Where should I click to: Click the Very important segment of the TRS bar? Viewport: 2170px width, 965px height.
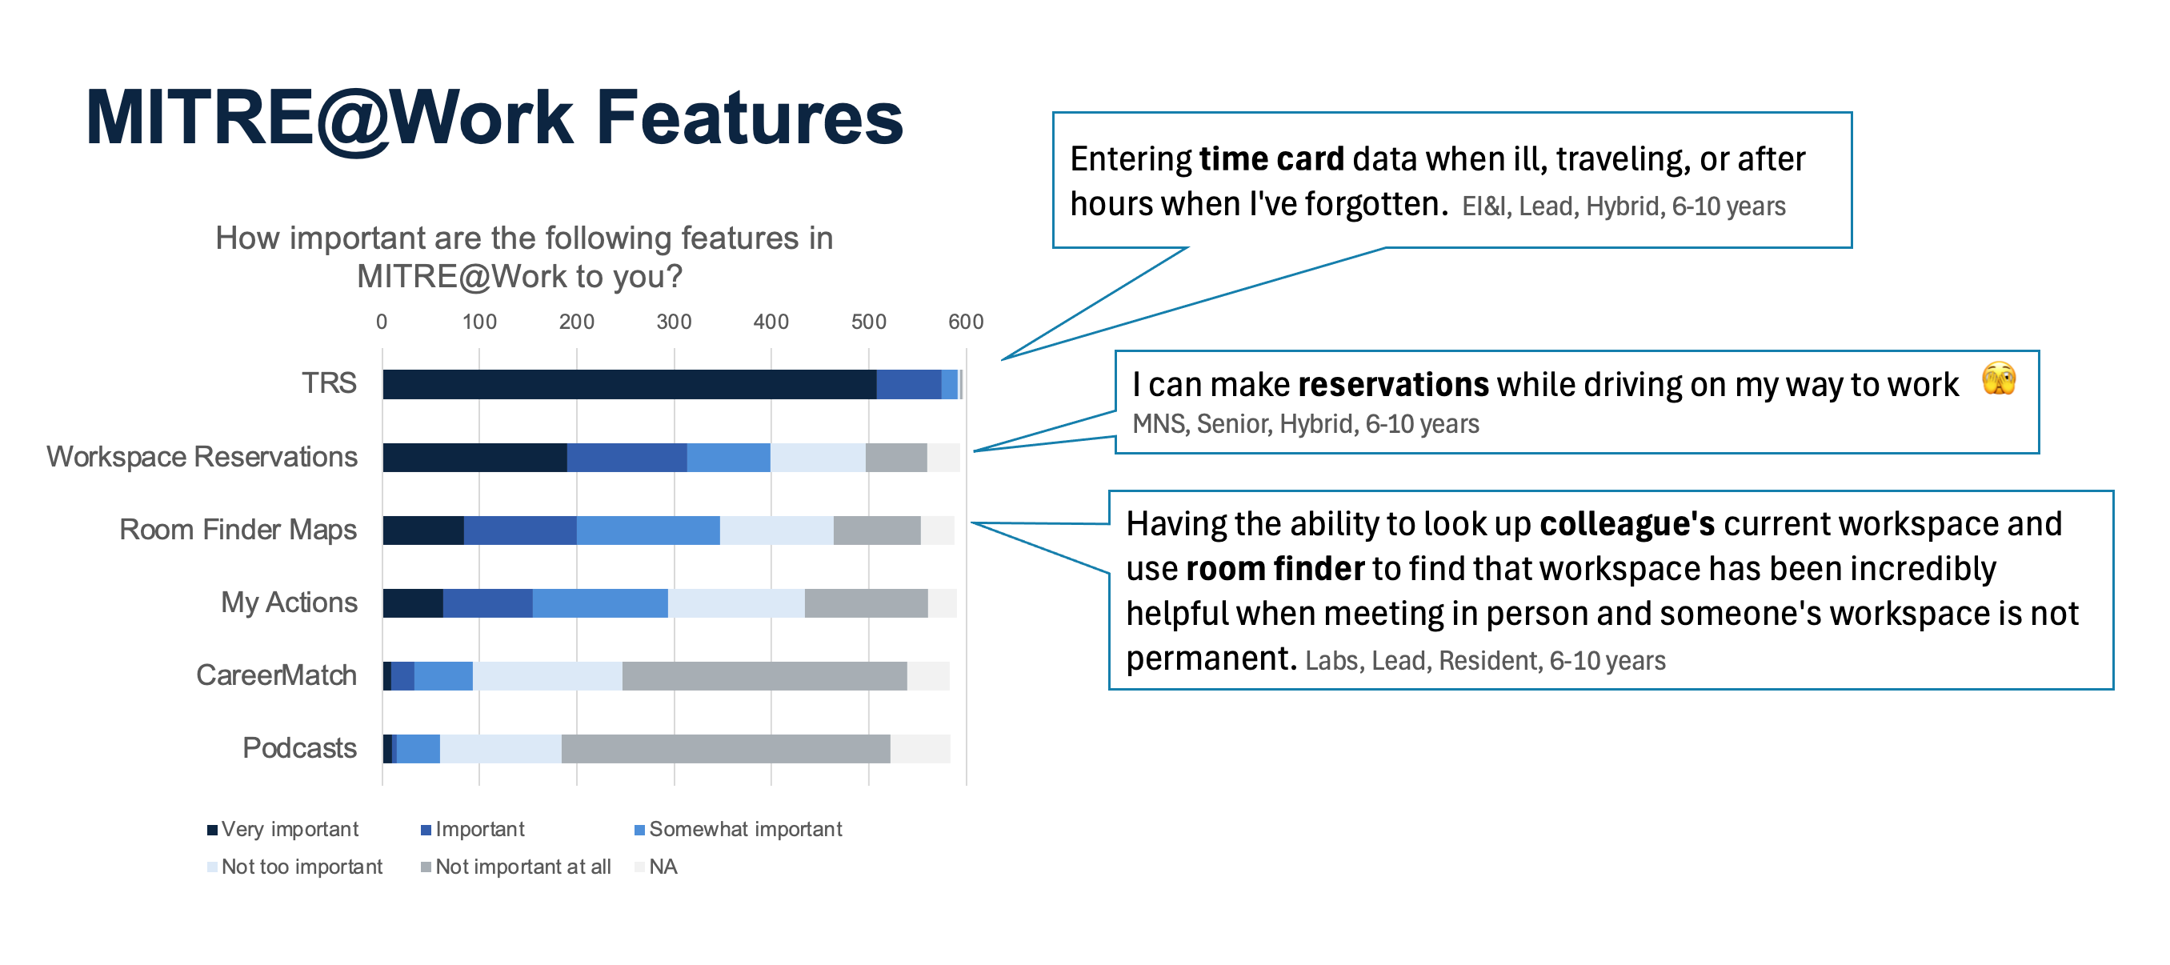(628, 384)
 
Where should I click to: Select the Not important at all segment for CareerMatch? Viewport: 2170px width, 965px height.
(764, 676)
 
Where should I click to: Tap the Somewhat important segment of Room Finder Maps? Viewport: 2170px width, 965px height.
(648, 531)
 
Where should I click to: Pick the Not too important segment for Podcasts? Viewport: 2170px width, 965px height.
(500, 750)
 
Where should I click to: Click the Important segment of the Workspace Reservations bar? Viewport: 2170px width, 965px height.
(627, 457)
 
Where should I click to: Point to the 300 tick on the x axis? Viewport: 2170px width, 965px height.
(673, 322)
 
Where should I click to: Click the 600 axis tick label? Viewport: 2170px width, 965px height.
(966, 322)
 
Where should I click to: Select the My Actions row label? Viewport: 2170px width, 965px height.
(289, 603)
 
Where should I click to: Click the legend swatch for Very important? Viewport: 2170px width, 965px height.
(212, 831)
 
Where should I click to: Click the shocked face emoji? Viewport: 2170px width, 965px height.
(1998, 378)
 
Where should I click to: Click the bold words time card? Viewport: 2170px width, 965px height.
(1271, 159)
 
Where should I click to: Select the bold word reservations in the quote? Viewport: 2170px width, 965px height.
(1393, 385)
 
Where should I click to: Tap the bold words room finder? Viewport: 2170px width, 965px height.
(1275, 569)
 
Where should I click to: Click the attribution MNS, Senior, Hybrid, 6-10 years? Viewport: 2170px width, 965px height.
(1305, 423)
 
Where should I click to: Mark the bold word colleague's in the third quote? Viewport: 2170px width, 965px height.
(1627, 525)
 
